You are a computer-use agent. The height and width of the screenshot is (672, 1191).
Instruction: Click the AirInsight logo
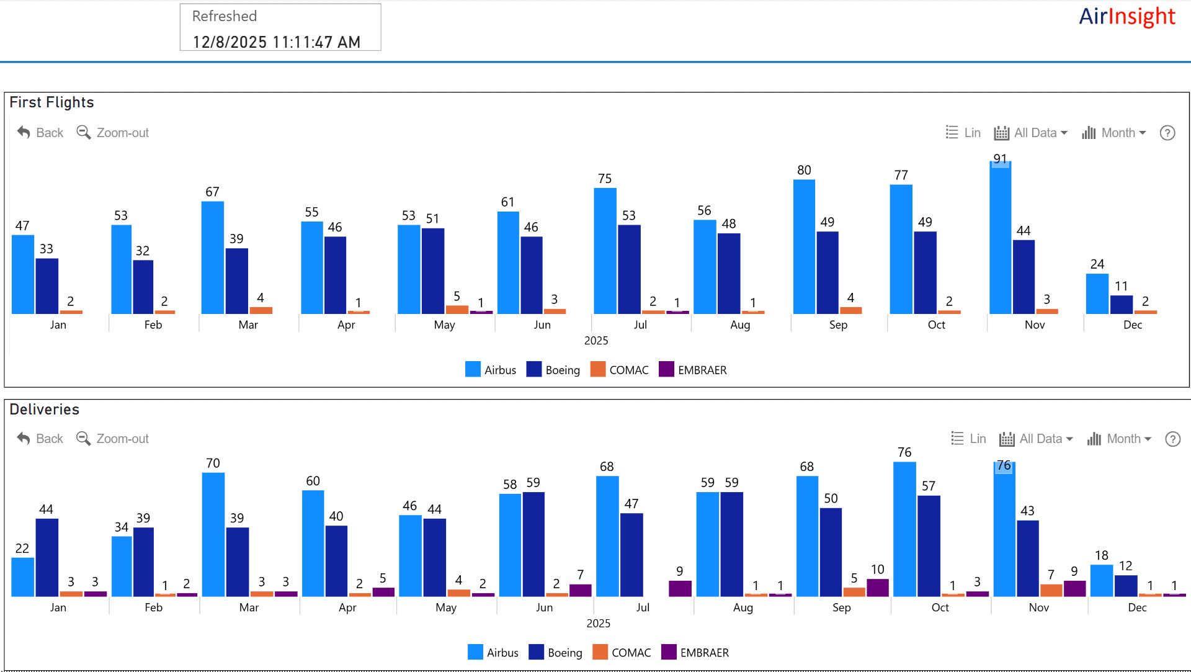[x=1126, y=17]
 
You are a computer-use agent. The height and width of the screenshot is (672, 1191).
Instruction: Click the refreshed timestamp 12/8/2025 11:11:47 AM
[x=276, y=42]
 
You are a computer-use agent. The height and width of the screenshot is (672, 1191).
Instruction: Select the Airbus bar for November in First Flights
[x=1000, y=239]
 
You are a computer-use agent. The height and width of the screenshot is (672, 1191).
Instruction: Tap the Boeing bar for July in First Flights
[x=629, y=269]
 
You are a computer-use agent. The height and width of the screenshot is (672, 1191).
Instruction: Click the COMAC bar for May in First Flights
[x=457, y=309]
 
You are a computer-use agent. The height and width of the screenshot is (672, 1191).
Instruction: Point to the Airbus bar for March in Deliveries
[x=213, y=534]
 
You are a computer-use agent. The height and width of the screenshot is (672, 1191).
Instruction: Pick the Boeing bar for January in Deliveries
[x=47, y=557]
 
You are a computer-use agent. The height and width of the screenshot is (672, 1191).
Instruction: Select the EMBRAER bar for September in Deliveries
[x=877, y=588]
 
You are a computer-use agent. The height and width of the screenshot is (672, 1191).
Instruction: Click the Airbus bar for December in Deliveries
[x=1101, y=580]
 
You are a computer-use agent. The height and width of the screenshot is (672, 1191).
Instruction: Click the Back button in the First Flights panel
[x=40, y=133]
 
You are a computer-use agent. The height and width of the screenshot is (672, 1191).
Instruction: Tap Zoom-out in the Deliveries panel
[x=113, y=439]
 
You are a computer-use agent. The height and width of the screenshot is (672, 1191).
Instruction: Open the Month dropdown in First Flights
[x=1114, y=133]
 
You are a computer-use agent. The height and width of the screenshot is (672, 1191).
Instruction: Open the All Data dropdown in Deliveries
[x=1036, y=439]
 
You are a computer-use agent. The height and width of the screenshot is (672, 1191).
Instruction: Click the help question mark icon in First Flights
[x=1167, y=133]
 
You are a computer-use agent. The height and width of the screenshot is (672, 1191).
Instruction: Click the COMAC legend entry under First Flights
[x=620, y=370]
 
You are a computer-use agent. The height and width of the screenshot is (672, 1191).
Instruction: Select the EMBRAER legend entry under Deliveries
[x=695, y=653]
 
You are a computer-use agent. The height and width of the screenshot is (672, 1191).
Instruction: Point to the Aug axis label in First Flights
[x=740, y=325]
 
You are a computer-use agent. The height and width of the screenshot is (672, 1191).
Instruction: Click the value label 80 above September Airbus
[x=804, y=170]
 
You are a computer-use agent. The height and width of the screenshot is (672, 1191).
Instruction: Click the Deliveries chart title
[x=45, y=410]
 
